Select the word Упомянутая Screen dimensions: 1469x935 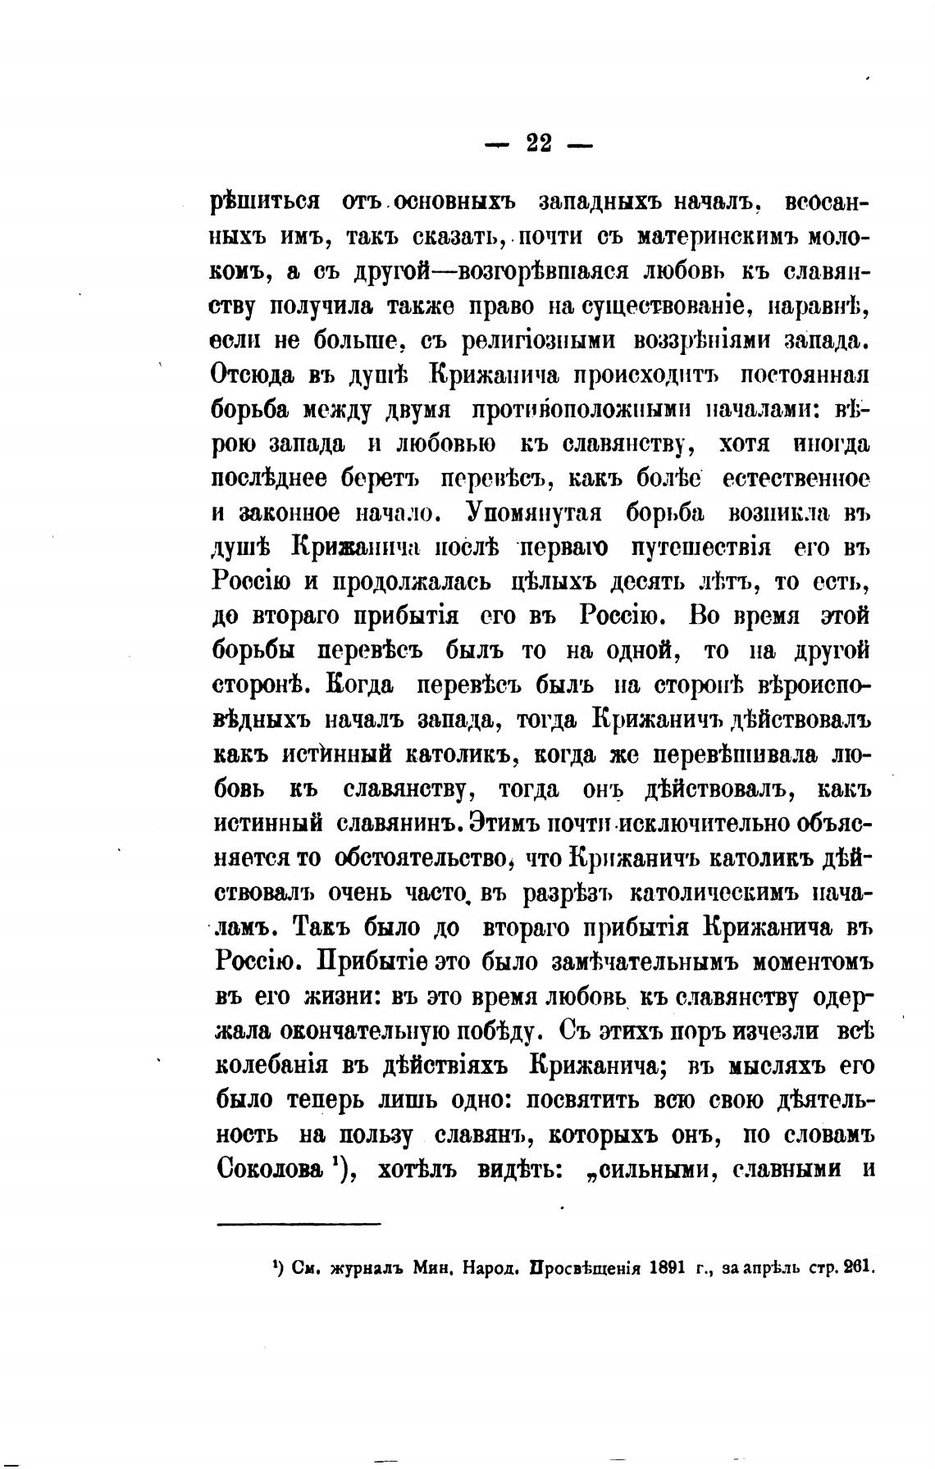click(x=535, y=513)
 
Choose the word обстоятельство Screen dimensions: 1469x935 click(x=422, y=857)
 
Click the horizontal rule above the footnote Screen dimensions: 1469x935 click(x=299, y=1225)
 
